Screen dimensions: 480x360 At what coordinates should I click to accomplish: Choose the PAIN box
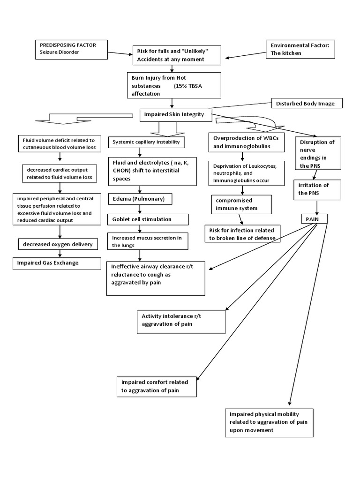314,218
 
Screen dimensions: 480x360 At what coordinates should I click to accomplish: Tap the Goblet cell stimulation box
148,219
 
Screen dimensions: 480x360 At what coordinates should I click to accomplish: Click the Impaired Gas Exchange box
56,263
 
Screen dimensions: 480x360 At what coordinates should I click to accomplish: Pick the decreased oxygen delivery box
59,244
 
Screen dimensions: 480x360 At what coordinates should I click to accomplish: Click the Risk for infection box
243,233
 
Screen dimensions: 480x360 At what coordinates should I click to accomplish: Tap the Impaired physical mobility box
269,422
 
